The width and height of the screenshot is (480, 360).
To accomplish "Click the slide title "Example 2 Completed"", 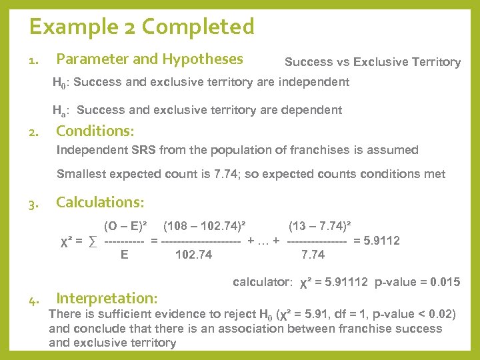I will coord(141,27).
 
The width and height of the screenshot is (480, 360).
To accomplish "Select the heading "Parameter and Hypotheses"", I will coord(149,59).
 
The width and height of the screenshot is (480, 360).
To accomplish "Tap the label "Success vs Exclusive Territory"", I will coord(372,62).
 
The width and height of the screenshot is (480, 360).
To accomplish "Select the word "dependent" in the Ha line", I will coord(311,110).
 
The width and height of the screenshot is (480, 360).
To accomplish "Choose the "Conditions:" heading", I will coord(95,131).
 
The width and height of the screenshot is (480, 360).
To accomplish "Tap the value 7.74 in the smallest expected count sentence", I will coord(221,175).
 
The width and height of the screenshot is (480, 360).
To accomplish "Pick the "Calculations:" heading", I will coord(100,202).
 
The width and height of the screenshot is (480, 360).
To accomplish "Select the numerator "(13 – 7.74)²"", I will coord(320,227).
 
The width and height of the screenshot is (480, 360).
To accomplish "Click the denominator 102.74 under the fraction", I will coord(193,254).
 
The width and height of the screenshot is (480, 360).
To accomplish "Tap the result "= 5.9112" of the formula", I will coord(376,241).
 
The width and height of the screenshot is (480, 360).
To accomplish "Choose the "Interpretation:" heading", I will coord(107,298).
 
